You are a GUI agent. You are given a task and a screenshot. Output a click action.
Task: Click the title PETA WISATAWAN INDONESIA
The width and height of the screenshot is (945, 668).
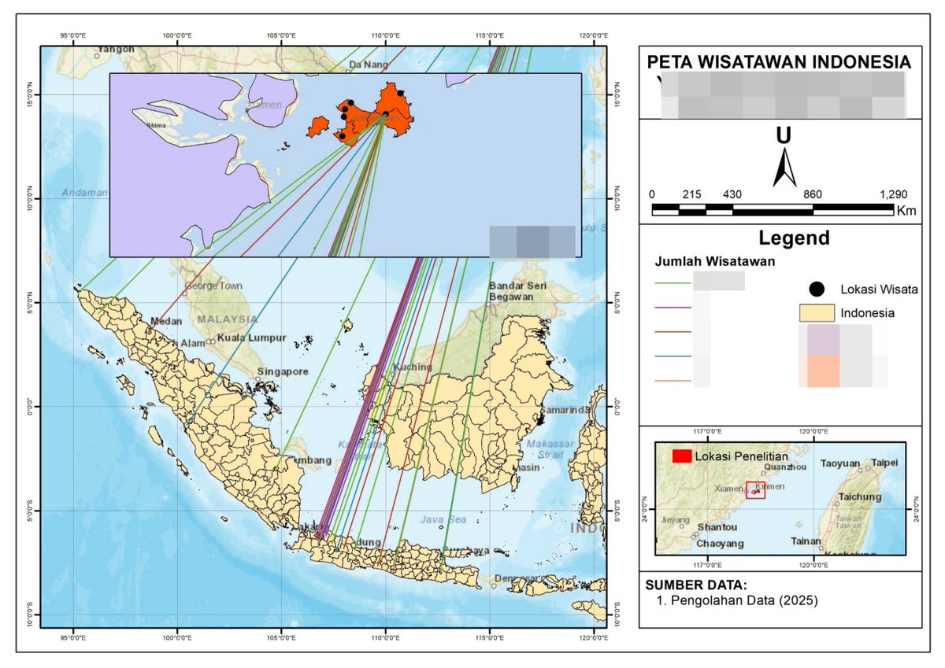click(779, 62)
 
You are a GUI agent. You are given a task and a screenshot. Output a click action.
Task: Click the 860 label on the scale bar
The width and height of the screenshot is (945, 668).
click(812, 194)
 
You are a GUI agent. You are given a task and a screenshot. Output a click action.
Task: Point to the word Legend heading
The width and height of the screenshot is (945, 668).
click(793, 238)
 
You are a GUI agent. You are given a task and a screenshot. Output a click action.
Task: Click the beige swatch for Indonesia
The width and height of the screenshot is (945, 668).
click(817, 312)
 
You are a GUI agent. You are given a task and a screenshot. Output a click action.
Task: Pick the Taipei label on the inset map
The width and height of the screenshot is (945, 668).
click(884, 463)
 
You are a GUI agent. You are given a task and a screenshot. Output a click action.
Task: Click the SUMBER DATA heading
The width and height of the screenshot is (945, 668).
click(695, 585)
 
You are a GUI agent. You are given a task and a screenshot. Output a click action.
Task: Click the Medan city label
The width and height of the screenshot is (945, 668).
click(167, 321)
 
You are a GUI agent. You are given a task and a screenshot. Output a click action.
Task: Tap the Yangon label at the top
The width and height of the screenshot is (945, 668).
click(117, 49)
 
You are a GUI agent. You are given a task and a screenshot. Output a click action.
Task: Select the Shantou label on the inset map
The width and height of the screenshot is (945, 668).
click(718, 527)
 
